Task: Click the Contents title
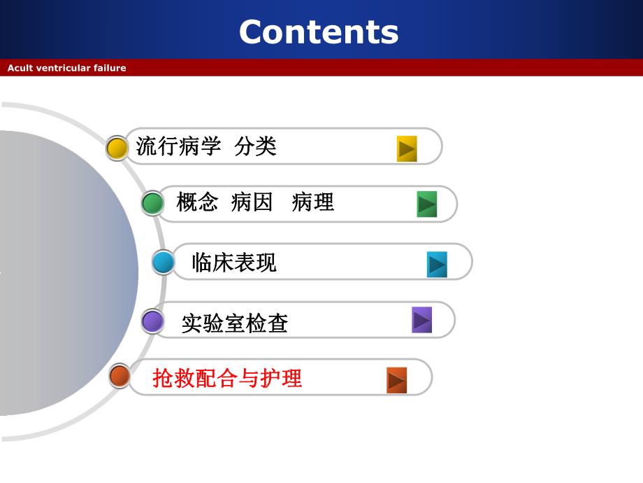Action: (319, 31)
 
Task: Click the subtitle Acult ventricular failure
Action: (67, 68)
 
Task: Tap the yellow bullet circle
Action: (117, 148)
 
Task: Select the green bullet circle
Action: (152, 204)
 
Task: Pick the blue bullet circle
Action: (164, 262)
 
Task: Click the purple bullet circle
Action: (152, 321)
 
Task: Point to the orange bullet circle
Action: (120, 376)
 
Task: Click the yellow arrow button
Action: (407, 148)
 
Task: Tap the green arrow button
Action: (426, 204)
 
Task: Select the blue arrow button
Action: (437, 265)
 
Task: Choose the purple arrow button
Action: (421, 320)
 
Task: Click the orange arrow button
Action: (396, 380)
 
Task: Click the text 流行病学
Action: (178, 146)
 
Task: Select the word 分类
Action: (256, 146)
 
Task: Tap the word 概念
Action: (197, 203)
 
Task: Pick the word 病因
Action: (252, 203)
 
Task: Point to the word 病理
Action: (313, 203)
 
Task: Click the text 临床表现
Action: (234, 262)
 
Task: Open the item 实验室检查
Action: (235, 323)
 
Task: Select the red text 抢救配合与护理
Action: (227, 379)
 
